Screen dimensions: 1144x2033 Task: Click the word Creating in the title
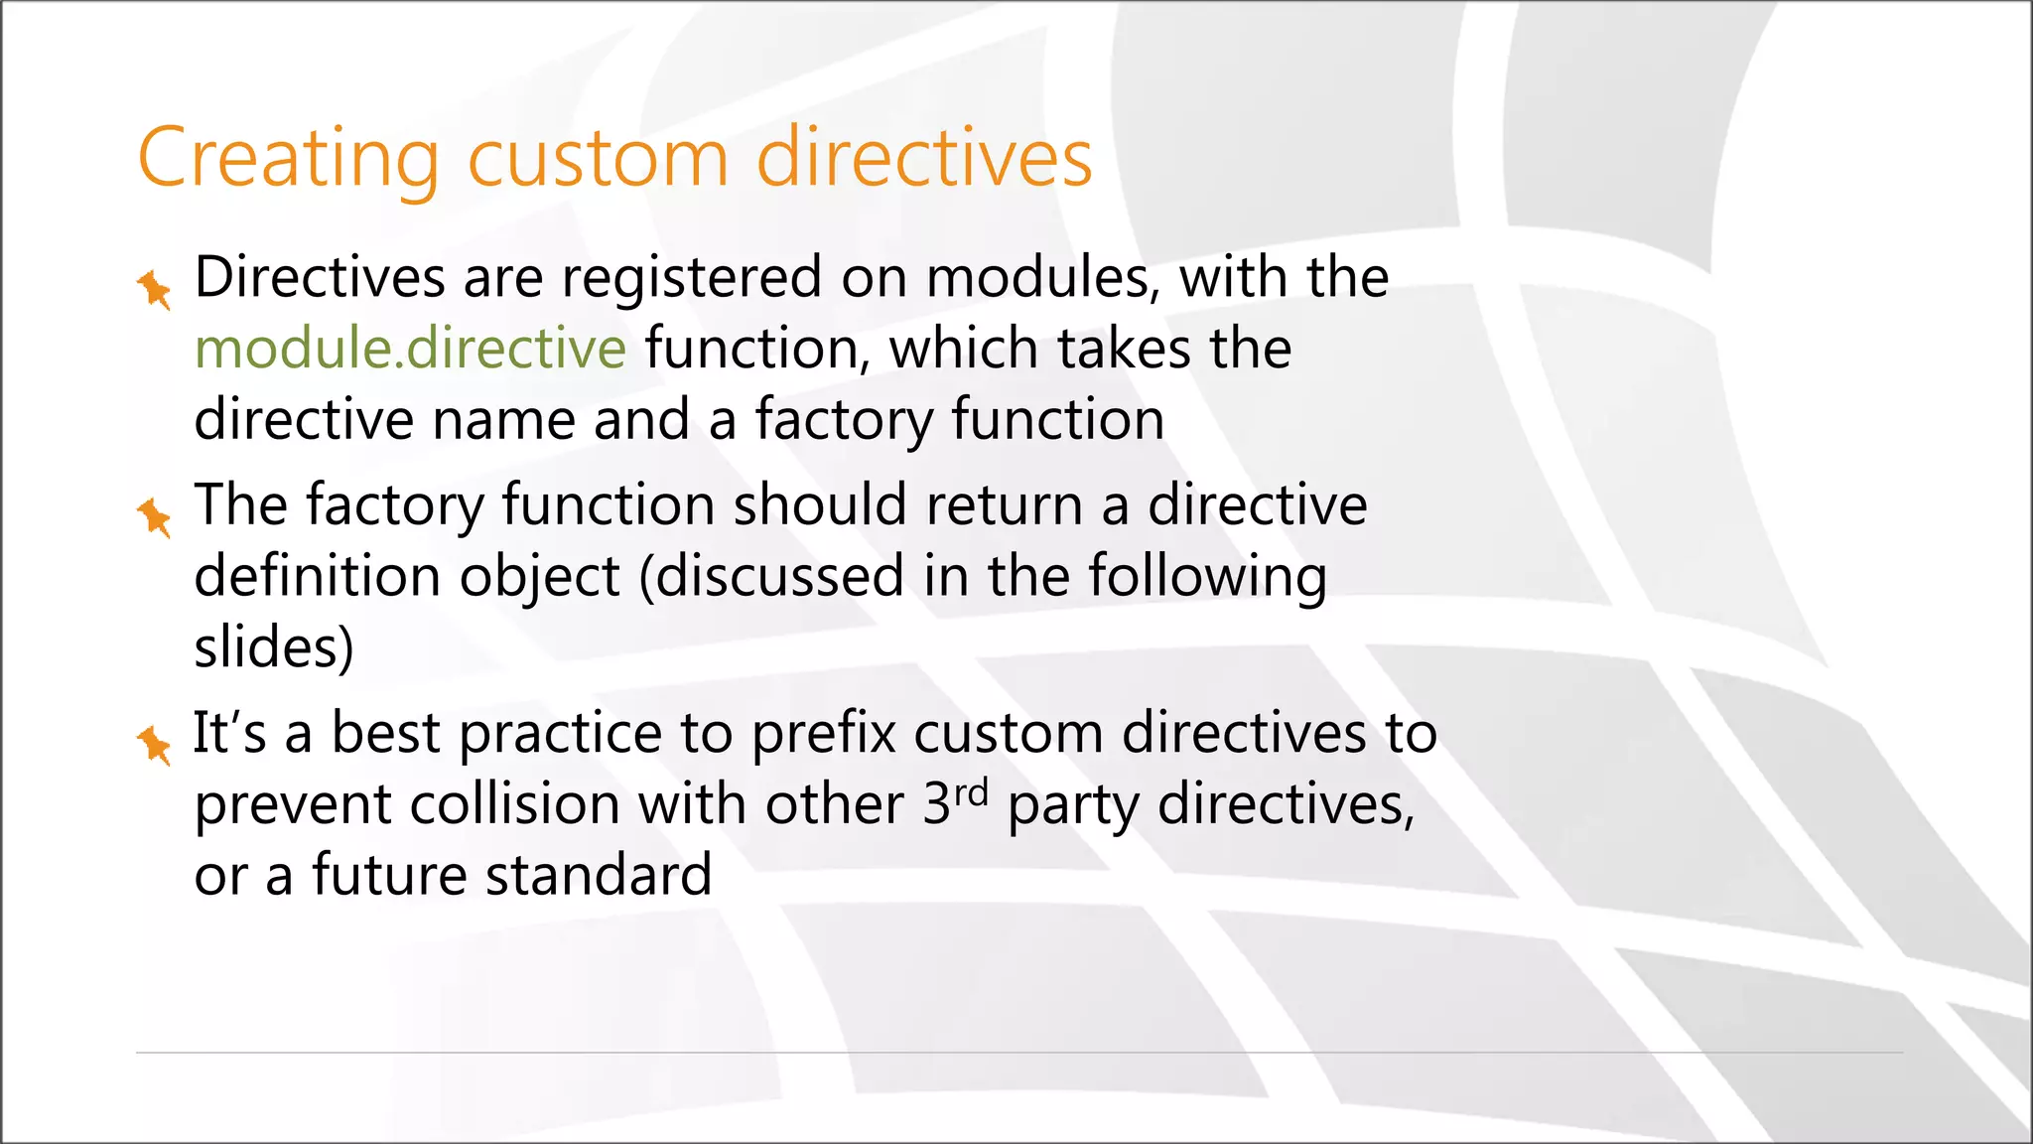pyautogui.click(x=288, y=159)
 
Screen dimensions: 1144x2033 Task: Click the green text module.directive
pyautogui.click(x=410, y=349)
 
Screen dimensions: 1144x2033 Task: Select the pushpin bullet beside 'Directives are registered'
pyautogui.click(x=154, y=289)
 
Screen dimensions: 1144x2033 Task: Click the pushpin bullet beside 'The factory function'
pyautogui.click(x=154, y=517)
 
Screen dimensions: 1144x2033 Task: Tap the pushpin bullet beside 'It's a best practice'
pyautogui.click(x=154, y=745)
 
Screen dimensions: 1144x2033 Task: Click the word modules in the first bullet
pyautogui.click(x=1042, y=278)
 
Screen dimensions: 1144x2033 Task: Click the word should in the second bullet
pyautogui.click(x=820, y=504)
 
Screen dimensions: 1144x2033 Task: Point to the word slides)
pyautogui.click(x=273, y=647)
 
